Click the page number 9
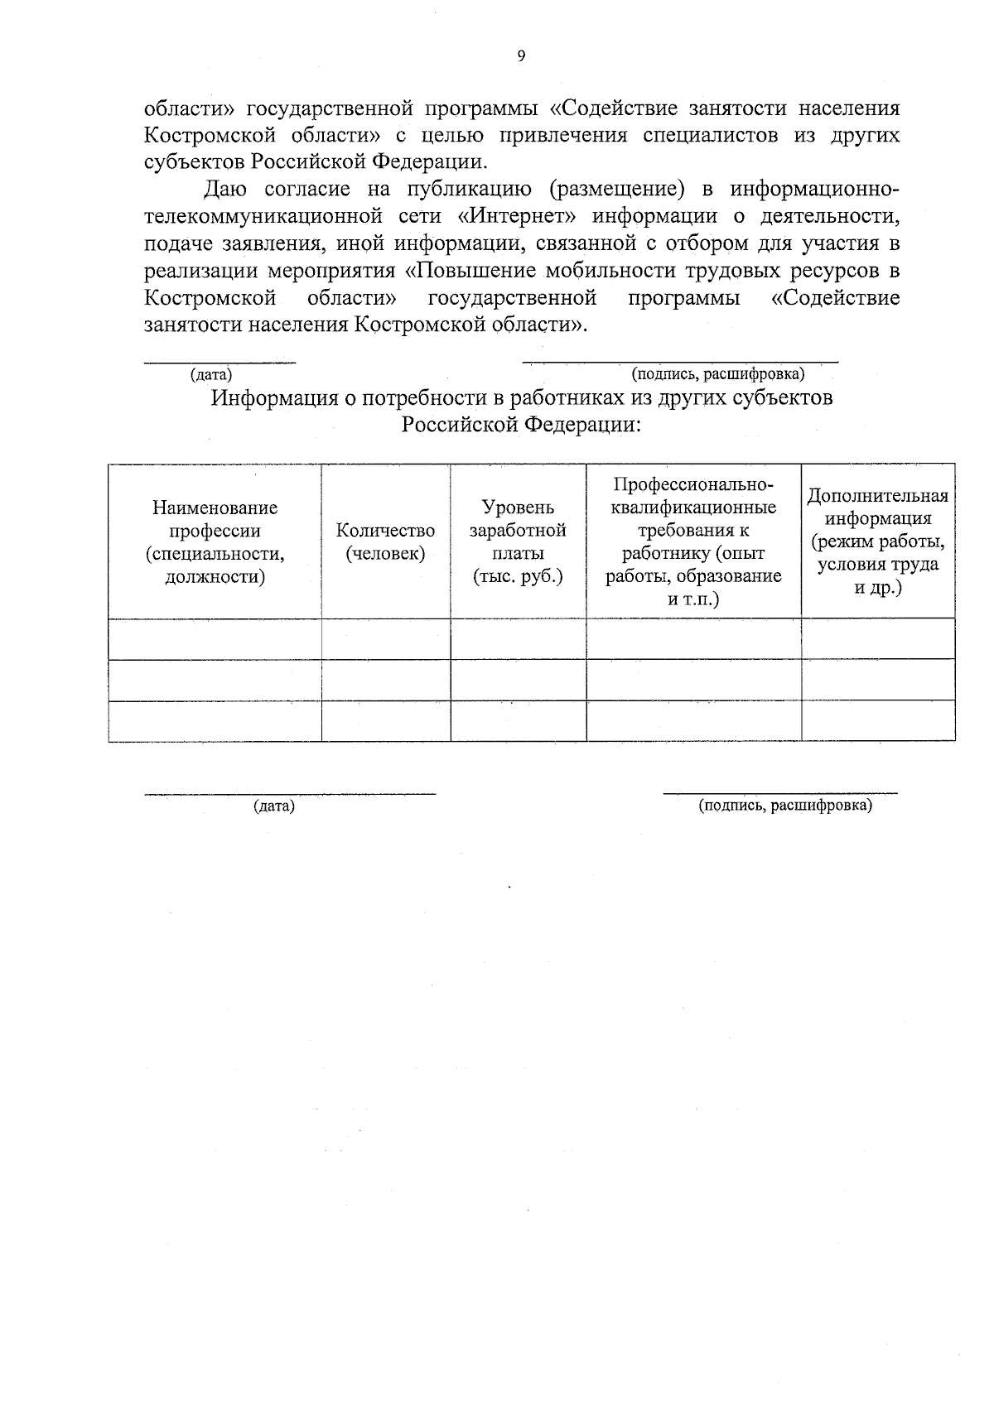click(521, 56)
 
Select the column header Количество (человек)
click(385, 542)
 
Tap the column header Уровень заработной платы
click(518, 542)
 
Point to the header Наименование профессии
click(215, 542)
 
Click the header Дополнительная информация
click(877, 542)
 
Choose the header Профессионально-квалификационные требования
click(693, 542)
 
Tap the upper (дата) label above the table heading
click(211, 375)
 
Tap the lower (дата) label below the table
click(274, 806)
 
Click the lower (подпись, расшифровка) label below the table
click(785, 806)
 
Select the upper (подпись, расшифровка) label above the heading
click(717, 375)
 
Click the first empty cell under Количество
click(385, 639)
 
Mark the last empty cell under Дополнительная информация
click(877, 721)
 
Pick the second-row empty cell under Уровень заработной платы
click(518, 680)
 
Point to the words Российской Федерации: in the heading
click(522, 426)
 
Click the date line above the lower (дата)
click(290, 794)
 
